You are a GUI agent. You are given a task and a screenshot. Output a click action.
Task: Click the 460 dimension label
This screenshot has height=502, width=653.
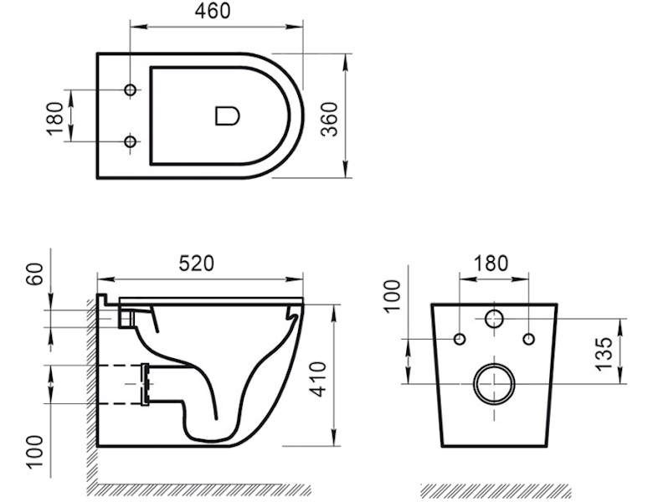(213, 11)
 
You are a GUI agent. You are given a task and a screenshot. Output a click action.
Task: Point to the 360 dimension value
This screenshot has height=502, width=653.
(329, 119)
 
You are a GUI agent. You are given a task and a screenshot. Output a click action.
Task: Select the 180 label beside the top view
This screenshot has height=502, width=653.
(55, 119)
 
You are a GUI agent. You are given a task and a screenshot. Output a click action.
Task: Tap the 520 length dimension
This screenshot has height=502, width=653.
(197, 263)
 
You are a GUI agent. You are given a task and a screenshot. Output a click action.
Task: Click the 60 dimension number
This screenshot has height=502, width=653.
(35, 274)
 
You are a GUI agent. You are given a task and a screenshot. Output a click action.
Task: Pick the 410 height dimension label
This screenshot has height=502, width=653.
(320, 379)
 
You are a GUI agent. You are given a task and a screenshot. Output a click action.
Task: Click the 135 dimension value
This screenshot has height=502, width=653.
(604, 354)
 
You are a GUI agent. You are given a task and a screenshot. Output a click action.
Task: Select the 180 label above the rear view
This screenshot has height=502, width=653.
(491, 263)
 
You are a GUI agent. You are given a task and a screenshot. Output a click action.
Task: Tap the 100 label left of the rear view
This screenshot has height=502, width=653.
(393, 295)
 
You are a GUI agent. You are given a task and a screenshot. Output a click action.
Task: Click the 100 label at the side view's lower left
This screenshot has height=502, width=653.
(35, 452)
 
